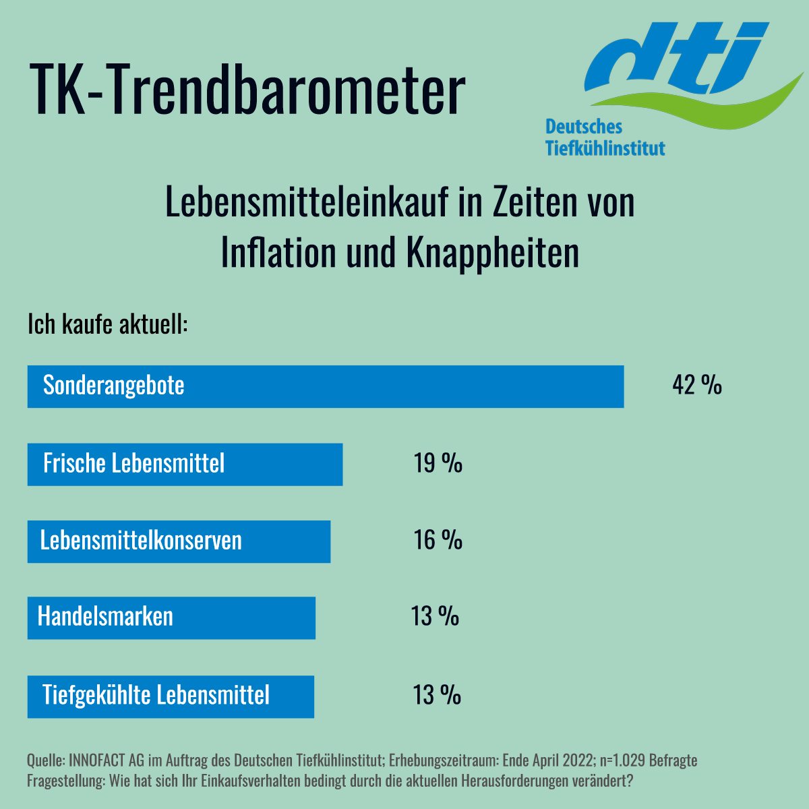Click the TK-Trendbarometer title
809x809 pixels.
coord(247,88)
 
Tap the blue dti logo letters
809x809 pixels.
coord(674,57)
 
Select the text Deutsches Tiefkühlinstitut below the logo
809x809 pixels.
coord(605,138)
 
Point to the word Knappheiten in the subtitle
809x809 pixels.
coord(493,251)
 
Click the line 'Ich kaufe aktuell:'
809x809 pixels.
coord(107,324)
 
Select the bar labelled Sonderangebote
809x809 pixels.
coord(326,386)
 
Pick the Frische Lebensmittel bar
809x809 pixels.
coord(185,464)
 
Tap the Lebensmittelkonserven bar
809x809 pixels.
coord(179,541)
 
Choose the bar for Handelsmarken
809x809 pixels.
coord(171,618)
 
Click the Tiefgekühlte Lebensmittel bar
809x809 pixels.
coord(171,696)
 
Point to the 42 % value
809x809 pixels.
coord(697,385)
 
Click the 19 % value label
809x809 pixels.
coord(438,463)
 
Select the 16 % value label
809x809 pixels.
coord(438,540)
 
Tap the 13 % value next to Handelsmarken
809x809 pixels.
coord(436,616)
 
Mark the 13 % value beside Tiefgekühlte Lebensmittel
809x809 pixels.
coord(437,695)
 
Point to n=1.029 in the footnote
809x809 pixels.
coord(621,760)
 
